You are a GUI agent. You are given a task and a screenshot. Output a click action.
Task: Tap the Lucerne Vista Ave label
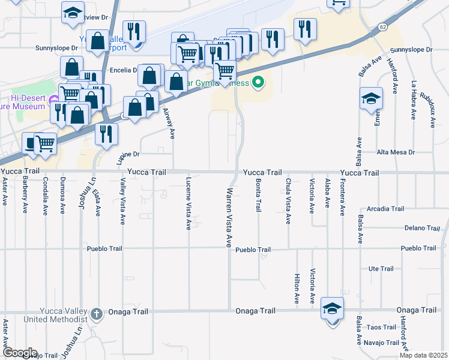pyautogui.click(x=188, y=203)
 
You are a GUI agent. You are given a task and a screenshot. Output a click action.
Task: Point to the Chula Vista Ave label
pyautogui.click(x=288, y=201)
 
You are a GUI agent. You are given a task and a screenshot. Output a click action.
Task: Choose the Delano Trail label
pyautogui.click(x=422, y=228)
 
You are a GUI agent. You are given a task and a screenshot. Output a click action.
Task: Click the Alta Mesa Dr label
pyautogui.click(x=394, y=152)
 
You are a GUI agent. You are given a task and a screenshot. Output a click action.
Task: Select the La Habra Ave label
pyautogui.click(x=414, y=98)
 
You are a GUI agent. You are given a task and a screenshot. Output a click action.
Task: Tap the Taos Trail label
pyautogui.click(x=382, y=327)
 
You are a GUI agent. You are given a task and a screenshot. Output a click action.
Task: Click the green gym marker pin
pyautogui.click(x=258, y=82)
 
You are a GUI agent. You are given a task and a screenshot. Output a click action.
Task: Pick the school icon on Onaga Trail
pyautogui.click(x=332, y=309)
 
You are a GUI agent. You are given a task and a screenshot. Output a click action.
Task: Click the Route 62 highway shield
pyautogui.click(x=383, y=27)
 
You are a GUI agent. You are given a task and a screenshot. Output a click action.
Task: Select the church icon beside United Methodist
pyautogui.click(x=97, y=314)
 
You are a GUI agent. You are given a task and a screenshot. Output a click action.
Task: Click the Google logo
pyautogui.click(x=19, y=353)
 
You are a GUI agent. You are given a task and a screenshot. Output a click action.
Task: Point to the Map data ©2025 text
pyautogui.click(x=423, y=355)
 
